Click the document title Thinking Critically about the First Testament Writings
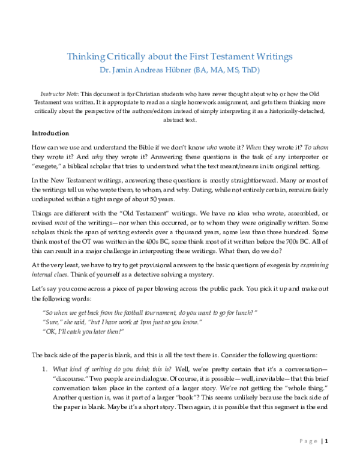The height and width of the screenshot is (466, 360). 180,57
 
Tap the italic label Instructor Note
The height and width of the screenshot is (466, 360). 59,95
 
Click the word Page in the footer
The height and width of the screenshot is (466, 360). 307,441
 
